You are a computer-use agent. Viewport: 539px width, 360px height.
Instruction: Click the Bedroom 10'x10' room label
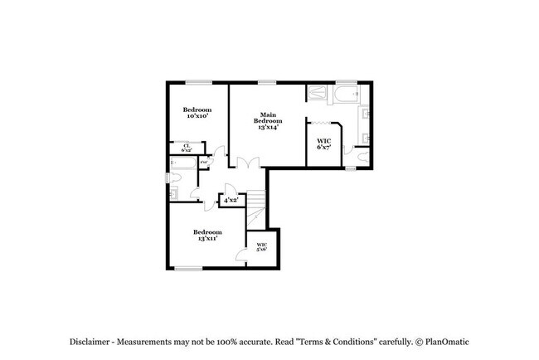(x=197, y=113)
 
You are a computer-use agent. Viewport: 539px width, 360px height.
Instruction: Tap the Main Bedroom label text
(x=267, y=121)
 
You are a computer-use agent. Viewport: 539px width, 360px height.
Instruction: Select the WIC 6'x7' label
(x=324, y=144)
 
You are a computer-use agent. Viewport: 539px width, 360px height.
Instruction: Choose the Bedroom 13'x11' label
(x=207, y=235)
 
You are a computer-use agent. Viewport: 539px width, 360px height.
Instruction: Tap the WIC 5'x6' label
(x=261, y=247)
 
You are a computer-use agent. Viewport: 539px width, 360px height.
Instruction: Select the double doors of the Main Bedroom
(x=243, y=164)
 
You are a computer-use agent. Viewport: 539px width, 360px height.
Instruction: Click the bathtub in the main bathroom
(x=347, y=93)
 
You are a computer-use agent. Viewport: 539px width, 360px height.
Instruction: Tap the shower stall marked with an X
(x=318, y=93)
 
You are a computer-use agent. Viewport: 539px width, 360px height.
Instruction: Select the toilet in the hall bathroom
(x=173, y=192)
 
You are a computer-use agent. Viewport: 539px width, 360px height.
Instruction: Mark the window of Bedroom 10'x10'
(x=197, y=81)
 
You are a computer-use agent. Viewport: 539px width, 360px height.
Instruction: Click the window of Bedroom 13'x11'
(x=189, y=268)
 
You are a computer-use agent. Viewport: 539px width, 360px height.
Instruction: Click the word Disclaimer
(x=89, y=342)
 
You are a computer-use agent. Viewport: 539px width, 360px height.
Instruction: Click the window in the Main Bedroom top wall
(x=267, y=81)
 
